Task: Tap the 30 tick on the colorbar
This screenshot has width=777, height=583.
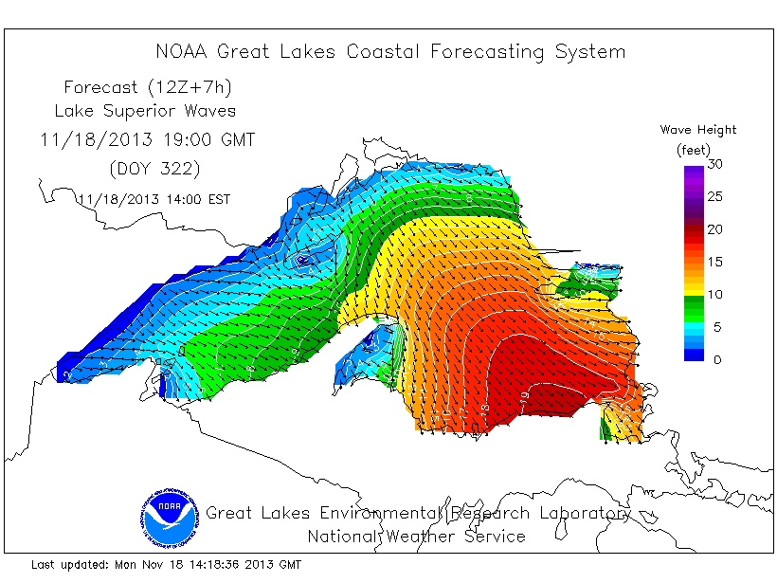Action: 716,165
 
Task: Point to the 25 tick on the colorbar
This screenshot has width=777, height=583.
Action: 716,197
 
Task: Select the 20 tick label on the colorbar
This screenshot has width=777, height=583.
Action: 716,229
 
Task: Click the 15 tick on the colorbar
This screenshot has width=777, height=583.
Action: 716,263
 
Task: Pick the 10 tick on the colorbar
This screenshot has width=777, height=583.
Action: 716,295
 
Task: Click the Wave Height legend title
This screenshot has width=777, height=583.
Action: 698,130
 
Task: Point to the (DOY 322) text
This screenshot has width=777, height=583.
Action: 147,169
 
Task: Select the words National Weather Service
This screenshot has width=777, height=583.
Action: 416,537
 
